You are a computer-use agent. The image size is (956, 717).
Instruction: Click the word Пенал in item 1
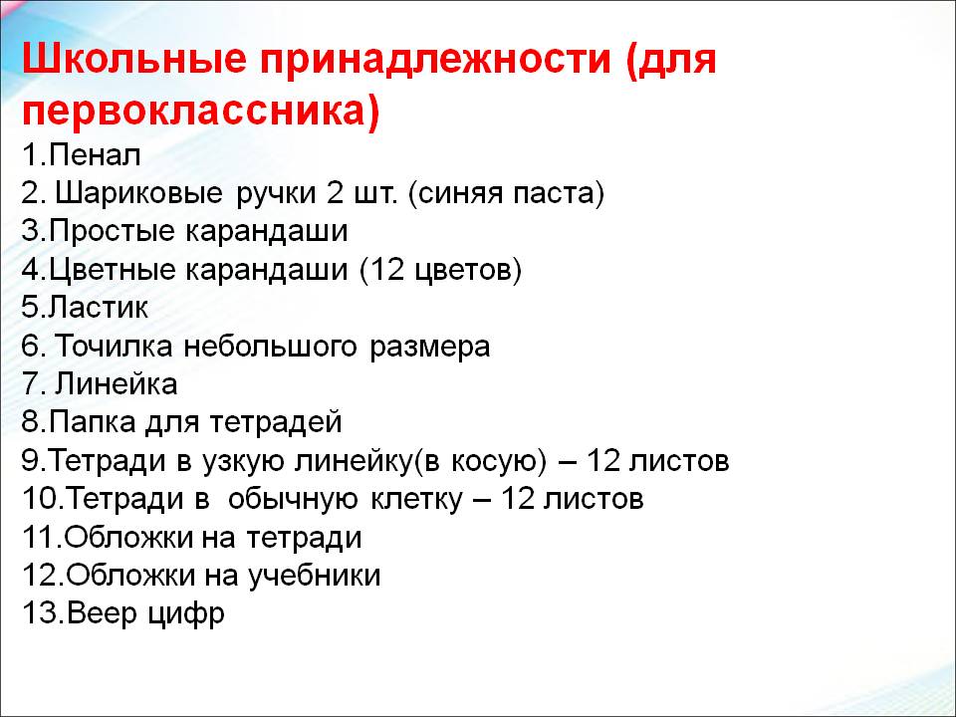point(95,155)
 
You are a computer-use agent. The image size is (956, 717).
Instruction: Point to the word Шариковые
point(138,194)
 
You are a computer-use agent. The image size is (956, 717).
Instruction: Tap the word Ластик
point(98,308)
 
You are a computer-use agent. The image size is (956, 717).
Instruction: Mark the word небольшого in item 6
point(270,347)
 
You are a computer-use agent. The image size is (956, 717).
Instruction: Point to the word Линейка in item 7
point(117,384)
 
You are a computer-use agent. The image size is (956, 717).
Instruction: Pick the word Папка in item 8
point(92,422)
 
